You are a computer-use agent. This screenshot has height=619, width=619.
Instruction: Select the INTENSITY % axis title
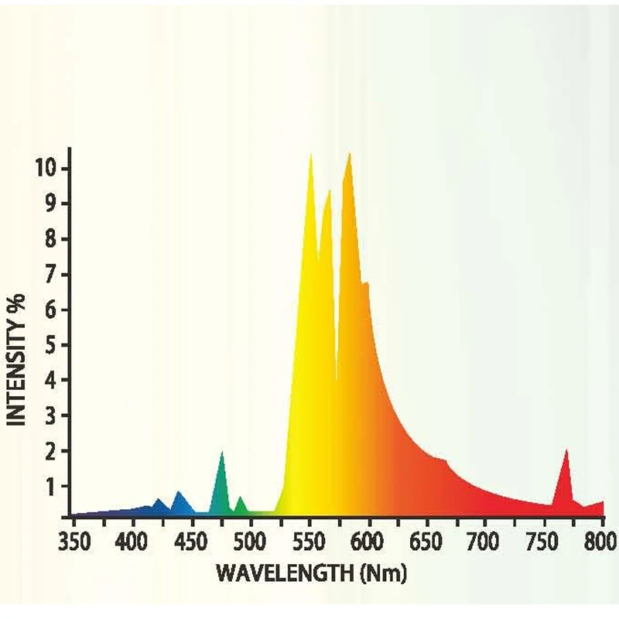pyautogui.click(x=18, y=357)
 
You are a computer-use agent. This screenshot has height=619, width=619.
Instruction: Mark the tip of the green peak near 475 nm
pyautogui.click(x=222, y=451)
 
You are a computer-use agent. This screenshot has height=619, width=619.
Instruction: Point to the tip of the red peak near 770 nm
pyautogui.click(x=566, y=450)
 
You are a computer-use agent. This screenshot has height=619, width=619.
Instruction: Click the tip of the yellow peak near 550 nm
pyautogui.click(x=311, y=154)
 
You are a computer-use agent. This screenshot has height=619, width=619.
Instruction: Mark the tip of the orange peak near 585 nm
pyautogui.click(x=350, y=153)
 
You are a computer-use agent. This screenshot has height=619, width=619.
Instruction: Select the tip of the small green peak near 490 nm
pyautogui.click(x=240, y=497)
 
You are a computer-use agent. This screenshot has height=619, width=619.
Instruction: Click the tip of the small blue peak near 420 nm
pyautogui.click(x=159, y=499)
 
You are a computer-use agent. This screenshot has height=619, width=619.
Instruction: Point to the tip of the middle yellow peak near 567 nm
pyautogui.click(x=329, y=190)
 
